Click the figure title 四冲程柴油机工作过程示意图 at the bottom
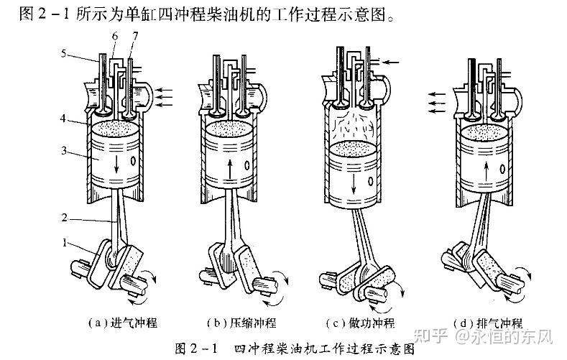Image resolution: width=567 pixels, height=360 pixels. click(x=324, y=348)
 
